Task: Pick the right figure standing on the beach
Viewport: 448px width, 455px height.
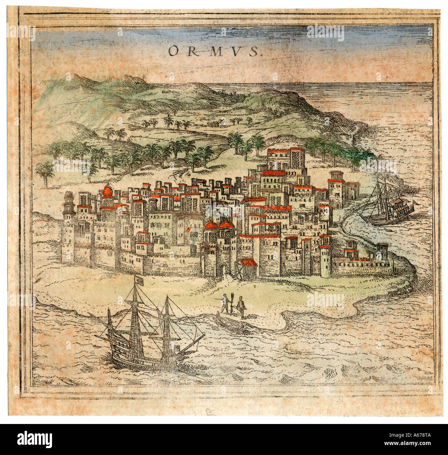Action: coord(242,306)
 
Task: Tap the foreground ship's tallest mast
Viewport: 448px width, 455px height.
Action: coord(135,324)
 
